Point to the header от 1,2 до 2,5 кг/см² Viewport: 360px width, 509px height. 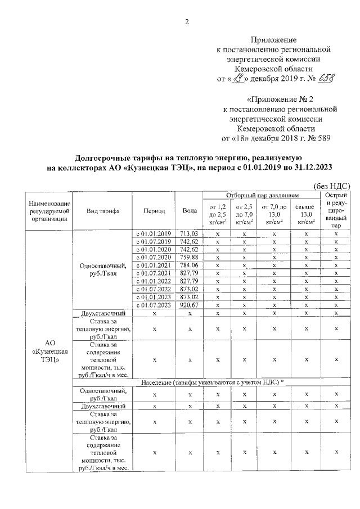[x=217, y=214]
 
